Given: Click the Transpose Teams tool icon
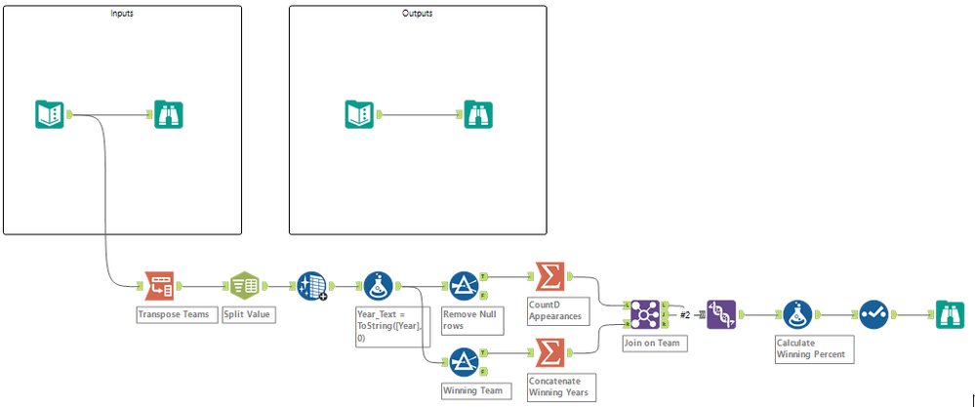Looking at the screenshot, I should pyautogui.click(x=160, y=286).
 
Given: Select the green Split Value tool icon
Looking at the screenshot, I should pyautogui.click(x=243, y=286).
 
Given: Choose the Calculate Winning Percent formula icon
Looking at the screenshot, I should pyautogui.click(x=796, y=313).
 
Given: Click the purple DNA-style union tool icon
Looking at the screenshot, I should pyautogui.click(x=720, y=313).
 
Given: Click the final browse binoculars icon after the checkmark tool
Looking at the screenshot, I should pyautogui.click(x=949, y=313).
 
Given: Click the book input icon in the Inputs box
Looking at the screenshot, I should pyautogui.click(x=50, y=114).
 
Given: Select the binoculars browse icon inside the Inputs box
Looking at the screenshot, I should pyautogui.click(x=169, y=114).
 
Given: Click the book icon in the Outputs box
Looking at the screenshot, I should pyautogui.click(x=359, y=114).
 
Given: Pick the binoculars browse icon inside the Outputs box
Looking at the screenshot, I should pyautogui.click(x=478, y=114).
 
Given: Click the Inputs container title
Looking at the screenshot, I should pyautogui.click(x=123, y=14).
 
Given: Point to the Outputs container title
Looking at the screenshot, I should pyautogui.click(x=418, y=14).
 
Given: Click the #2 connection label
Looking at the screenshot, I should pyautogui.click(x=685, y=314).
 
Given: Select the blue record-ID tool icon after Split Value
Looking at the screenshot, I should pyautogui.click(x=311, y=286).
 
